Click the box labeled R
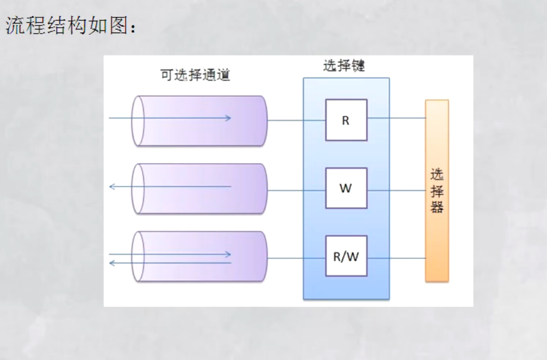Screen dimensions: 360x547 click(346, 120)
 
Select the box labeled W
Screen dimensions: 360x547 click(346, 188)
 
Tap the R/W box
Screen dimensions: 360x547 click(346, 256)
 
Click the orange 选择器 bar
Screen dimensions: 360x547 click(437, 190)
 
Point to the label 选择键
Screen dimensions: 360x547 click(344, 66)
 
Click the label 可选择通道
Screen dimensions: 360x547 click(195, 75)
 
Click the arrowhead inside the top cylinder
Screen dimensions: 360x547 click(229, 118)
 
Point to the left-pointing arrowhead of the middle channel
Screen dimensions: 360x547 click(112, 187)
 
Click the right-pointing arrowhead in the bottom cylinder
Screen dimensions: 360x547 click(229, 254)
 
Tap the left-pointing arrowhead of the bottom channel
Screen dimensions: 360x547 click(112, 263)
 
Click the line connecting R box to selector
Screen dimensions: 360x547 click(396, 117)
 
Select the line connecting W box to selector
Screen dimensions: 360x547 click(396, 190)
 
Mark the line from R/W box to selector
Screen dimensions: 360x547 click(396, 258)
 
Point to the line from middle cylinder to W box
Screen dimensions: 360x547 click(296, 190)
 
